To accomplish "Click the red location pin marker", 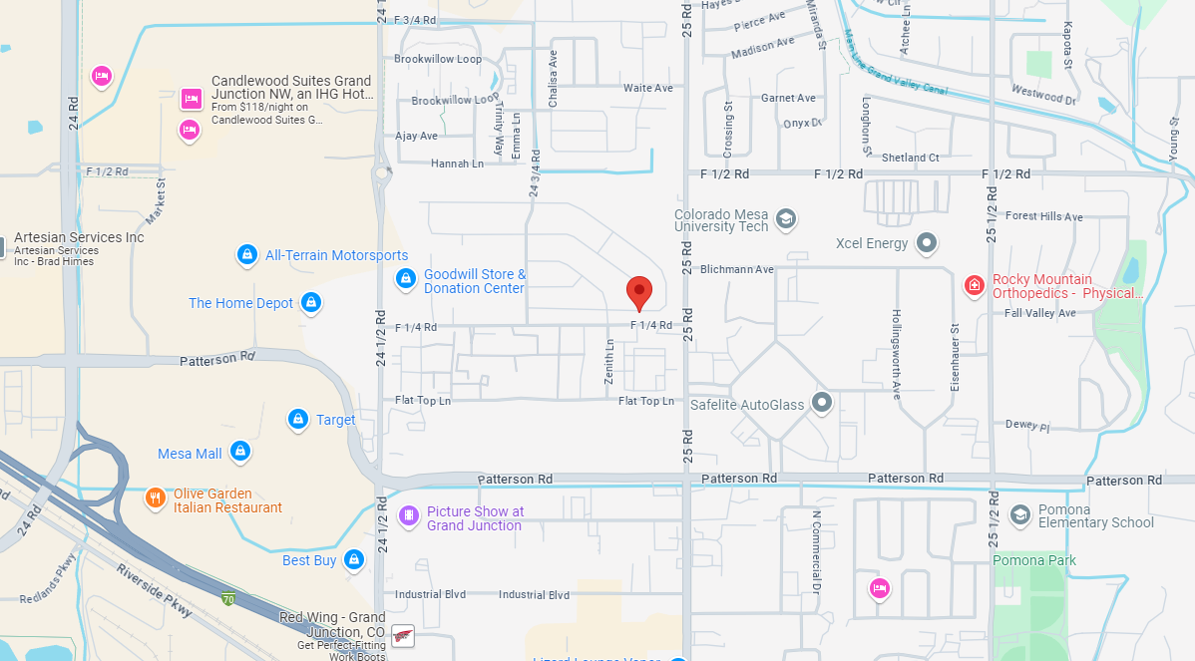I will click(x=639, y=292).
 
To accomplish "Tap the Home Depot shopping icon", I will click(x=310, y=303).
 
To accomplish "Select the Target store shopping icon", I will click(x=297, y=420).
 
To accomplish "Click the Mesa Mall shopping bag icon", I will click(x=239, y=454).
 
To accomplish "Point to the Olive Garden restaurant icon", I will click(x=155, y=497).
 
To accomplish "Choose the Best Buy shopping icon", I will click(x=353, y=560).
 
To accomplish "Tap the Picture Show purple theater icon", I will click(x=408, y=515).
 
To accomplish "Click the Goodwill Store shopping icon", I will click(x=406, y=279).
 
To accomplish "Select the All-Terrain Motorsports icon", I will click(x=246, y=255).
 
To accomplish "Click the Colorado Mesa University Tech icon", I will click(x=786, y=219).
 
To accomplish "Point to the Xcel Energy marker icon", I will click(x=928, y=243).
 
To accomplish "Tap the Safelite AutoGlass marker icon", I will click(x=822, y=403).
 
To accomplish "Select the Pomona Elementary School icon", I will click(x=1019, y=514).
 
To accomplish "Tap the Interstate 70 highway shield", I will click(x=229, y=599).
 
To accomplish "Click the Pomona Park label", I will click(x=1034, y=560).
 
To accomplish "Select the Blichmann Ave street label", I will click(x=737, y=269).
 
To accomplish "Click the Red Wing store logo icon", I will click(x=403, y=636).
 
